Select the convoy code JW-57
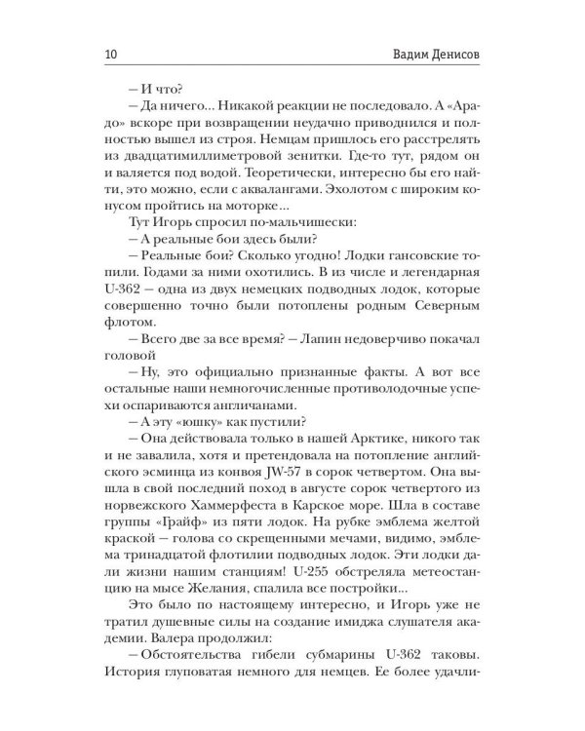pyautogui.click(x=257, y=476)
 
